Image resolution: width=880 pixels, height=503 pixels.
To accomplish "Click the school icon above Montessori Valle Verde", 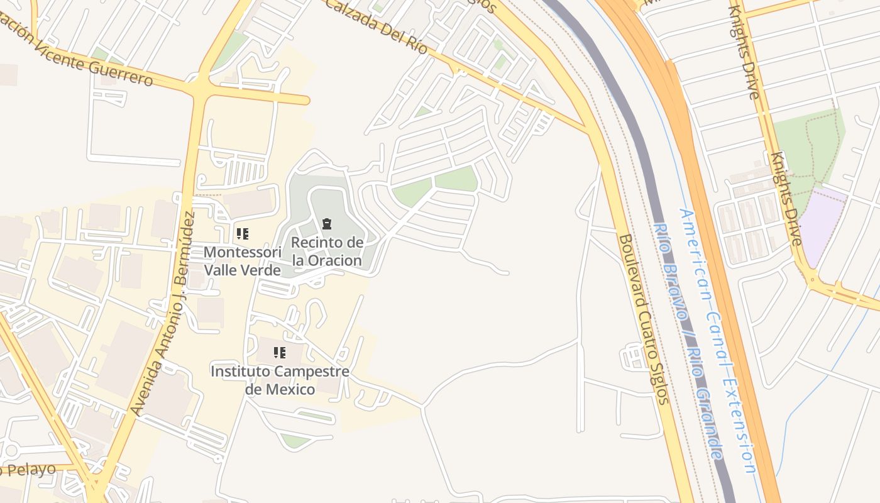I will tap(242, 234).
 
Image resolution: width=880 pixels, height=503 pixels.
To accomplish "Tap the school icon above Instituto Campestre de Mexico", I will tap(280, 353).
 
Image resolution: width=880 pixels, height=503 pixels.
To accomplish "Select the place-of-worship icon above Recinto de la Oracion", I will tap(327, 223).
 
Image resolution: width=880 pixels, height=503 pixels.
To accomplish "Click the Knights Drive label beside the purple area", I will tap(787, 198).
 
